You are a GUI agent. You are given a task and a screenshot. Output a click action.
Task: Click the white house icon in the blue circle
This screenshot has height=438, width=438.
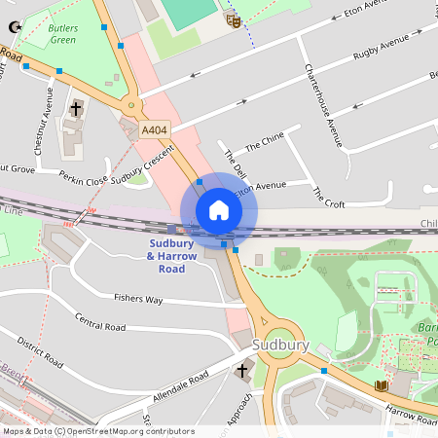point(218,210)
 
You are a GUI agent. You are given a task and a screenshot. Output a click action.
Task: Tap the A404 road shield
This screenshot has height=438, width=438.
point(153,129)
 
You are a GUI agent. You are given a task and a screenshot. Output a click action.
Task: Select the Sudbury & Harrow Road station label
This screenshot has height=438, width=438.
point(171,255)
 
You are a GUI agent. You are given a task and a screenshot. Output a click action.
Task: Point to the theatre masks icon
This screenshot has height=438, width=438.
point(233,18)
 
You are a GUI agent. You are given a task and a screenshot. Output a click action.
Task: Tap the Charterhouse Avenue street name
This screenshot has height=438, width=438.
point(323,105)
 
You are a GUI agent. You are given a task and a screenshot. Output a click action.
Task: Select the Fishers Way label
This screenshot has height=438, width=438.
point(138,300)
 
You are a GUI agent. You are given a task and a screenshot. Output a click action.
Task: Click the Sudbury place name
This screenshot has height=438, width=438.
point(280,346)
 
